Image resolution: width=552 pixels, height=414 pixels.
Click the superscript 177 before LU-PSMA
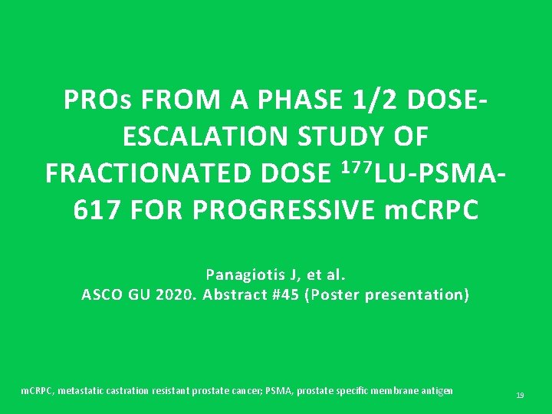pyautogui.click(x=354, y=167)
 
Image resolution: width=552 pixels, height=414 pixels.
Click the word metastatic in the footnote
pyautogui.click(x=74, y=391)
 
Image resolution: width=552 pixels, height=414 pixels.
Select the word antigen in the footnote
pyautogui.click(x=435, y=391)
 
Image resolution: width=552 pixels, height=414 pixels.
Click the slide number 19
pyautogui.click(x=520, y=396)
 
